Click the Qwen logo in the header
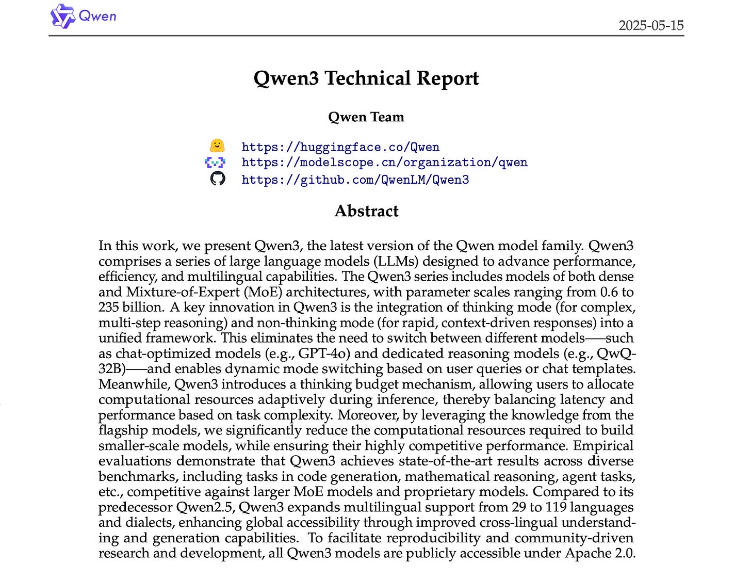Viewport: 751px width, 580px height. [x=83, y=16]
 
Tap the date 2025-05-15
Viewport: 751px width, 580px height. [x=651, y=25]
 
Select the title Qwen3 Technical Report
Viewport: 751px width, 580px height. [x=366, y=78]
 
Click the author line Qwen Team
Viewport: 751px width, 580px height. [x=366, y=117]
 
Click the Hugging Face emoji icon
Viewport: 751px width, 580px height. [x=217, y=146]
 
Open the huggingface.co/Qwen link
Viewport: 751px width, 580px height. [x=340, y=147]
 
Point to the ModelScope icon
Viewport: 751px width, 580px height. [x=215, y=163]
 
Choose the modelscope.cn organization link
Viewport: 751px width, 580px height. [x=384, y=163]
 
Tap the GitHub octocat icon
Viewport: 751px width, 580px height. [x=218, y=179]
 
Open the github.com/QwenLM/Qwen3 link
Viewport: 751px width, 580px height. [x=355, y=180]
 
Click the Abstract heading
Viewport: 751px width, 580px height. [x=366, y=211]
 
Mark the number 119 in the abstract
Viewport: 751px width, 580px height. [x=556, y=507]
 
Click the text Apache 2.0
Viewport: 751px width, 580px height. [x=600, y=553]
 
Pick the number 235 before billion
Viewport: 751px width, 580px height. [x=109, y=307]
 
